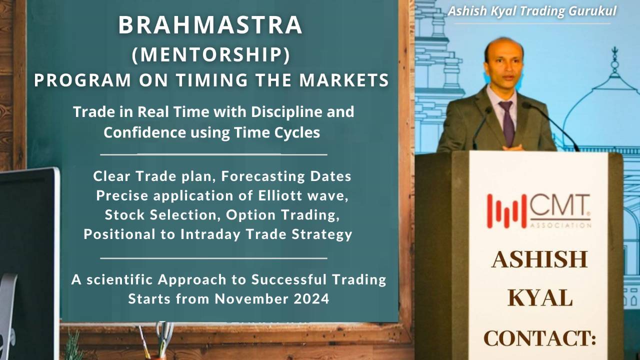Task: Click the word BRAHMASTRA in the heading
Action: coord(210,26)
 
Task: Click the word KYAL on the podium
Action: coord(540,298)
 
